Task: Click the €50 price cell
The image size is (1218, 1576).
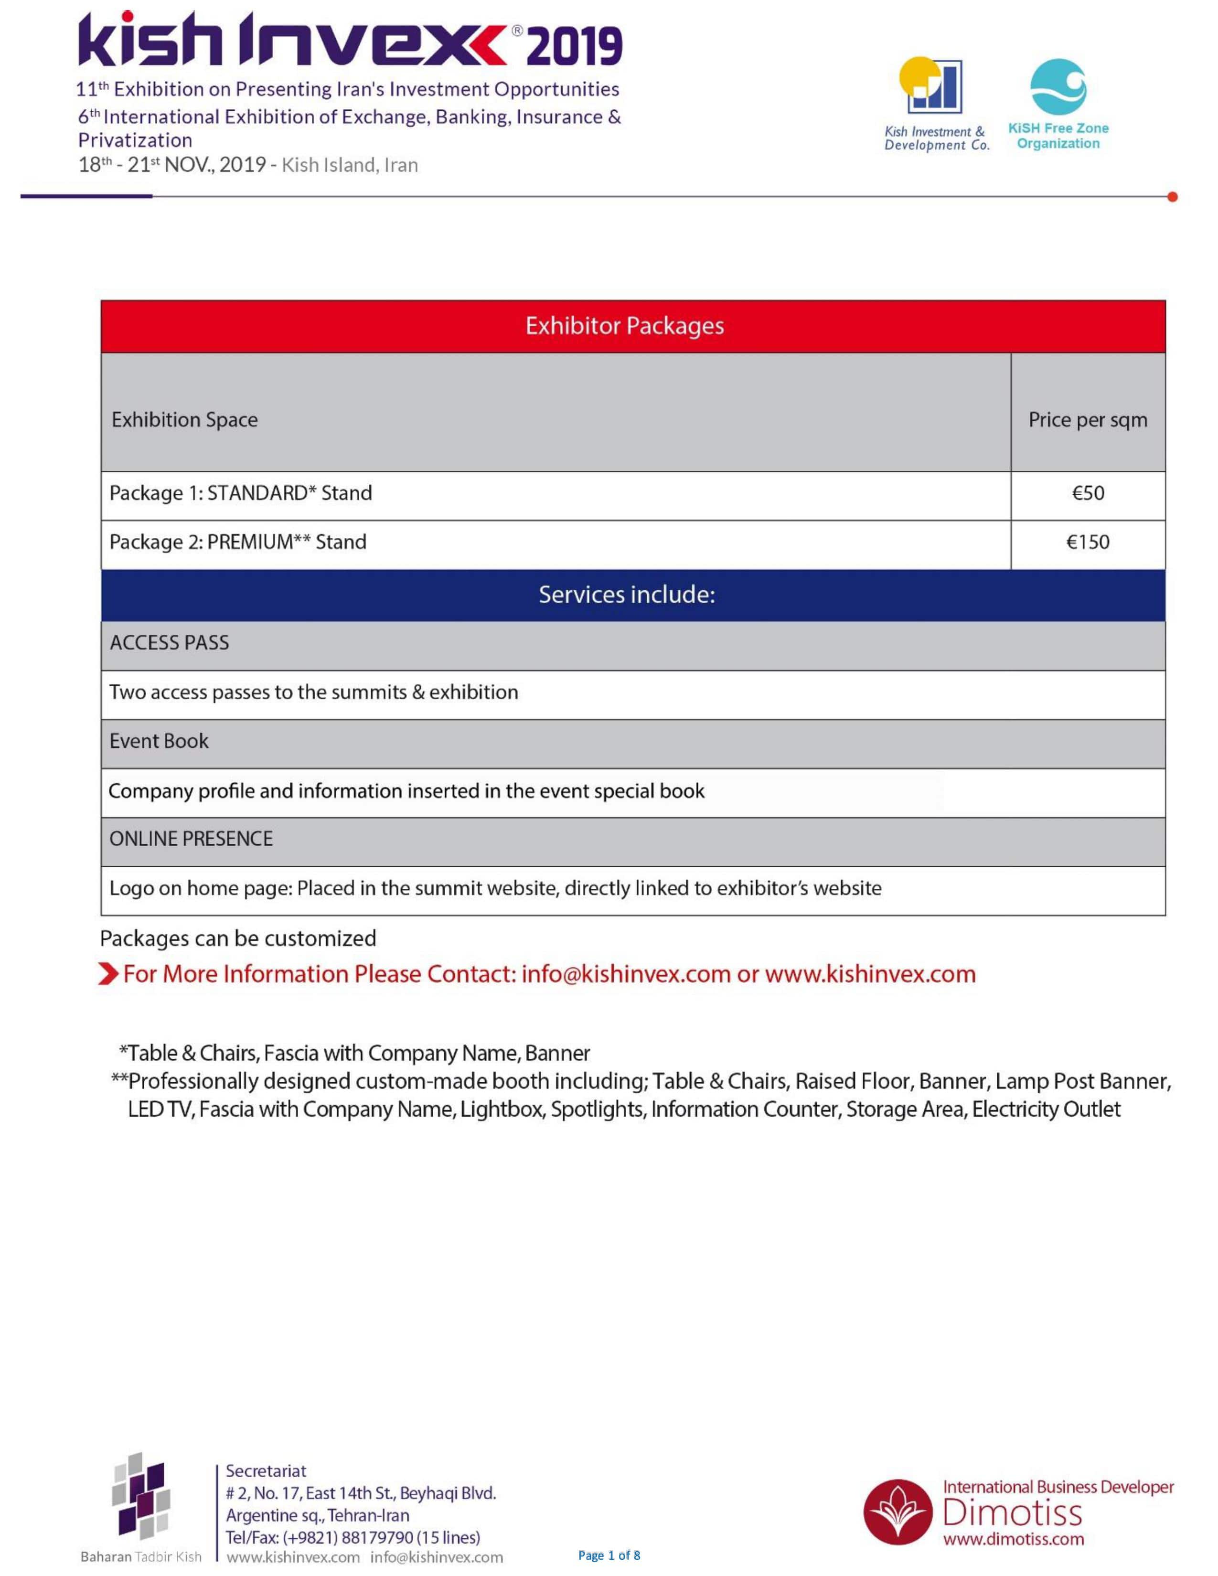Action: (1088, 494)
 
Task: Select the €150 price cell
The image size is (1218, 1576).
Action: (1088, 543)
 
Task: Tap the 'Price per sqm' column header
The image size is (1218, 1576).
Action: (1088, 420)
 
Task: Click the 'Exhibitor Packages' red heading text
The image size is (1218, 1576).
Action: (624, 326)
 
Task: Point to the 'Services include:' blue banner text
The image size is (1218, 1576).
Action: (626, 595)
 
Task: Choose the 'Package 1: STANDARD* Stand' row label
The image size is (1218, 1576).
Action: (240, 494)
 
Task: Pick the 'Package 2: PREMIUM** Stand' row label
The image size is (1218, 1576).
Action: (237, 543)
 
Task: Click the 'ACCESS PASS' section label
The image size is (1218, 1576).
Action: (169, 643)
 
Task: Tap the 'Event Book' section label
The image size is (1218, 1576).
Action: (159, 741)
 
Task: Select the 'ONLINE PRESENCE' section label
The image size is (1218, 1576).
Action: (191, 839)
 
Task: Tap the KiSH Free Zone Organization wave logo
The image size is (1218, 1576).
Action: (1058, 86)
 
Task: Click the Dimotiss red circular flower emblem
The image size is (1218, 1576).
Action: (897, 1512)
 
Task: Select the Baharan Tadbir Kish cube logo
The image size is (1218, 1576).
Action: (141, 1494)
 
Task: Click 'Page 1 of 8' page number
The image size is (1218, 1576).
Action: (609, 1555)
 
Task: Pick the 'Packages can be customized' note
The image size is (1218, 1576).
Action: (238, 939)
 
